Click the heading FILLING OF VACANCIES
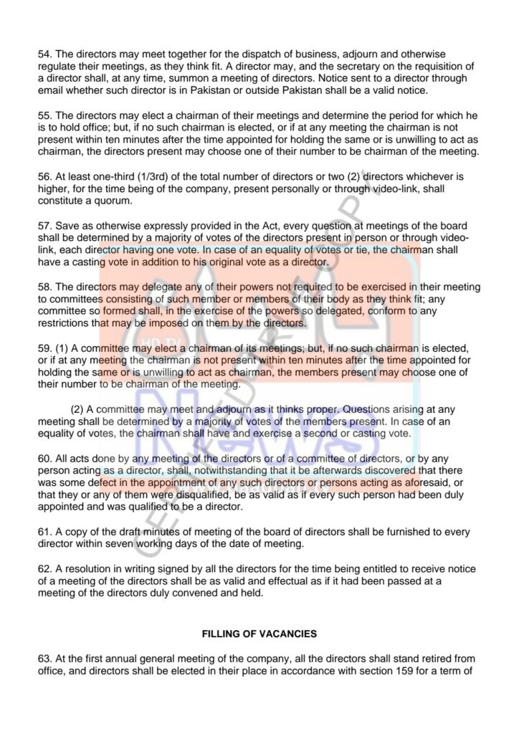click(x=259, y=634)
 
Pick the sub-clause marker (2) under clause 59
click(x=79, y=409)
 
